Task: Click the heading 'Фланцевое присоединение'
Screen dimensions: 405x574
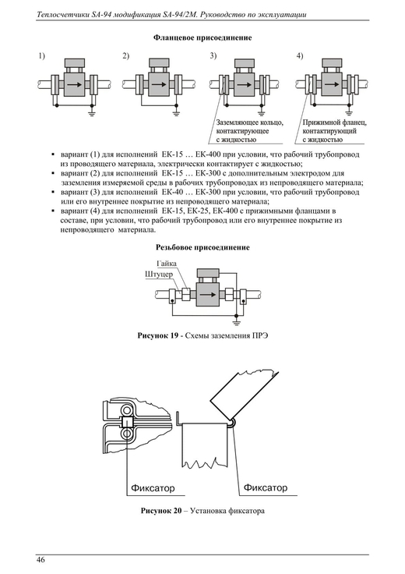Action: pos(202,37)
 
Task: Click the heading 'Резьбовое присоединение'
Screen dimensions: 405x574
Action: pos(202,247)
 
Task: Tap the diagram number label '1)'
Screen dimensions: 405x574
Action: pos(42,56)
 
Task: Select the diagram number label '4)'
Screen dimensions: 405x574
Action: pos(300,56)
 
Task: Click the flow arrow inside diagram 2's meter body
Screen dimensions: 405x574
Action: pos(159,84)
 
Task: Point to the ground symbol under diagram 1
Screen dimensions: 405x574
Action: pos(92,113)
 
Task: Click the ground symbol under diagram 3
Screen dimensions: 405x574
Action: pos(261,113)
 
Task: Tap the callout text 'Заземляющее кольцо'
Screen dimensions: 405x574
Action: pos(250,122)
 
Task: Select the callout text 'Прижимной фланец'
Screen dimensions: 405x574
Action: pos(334,122)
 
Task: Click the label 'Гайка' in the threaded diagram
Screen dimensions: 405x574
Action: pos(167,264)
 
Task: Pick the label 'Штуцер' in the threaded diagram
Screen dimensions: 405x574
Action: pos(159,275)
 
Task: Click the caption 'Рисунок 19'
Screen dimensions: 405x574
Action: pos(158,335)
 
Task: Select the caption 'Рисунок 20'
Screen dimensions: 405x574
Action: pos(161,511)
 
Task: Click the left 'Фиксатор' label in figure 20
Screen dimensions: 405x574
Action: pos(153,488)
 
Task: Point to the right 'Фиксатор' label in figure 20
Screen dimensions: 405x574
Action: pos(266,487)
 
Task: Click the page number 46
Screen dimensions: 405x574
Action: pos(40,560)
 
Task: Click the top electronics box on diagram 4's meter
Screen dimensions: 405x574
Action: pos(332,62)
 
